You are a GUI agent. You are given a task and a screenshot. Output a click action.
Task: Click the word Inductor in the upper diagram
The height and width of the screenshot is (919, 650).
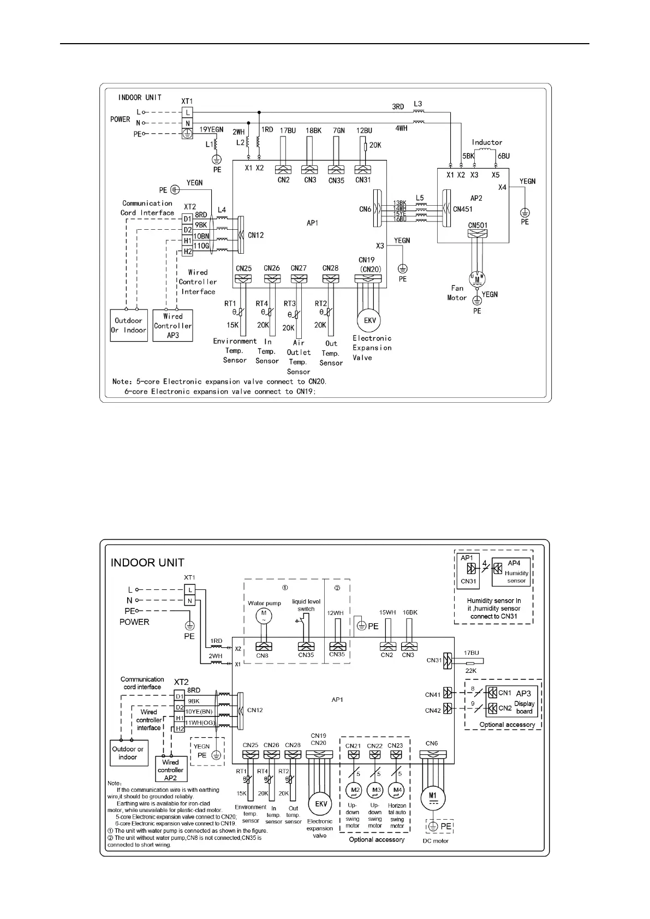pos(487,142)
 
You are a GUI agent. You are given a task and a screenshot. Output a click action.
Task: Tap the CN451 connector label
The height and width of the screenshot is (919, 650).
pos(462,209)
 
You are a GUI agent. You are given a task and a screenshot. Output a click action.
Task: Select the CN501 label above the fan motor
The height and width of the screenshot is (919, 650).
pos(478,225)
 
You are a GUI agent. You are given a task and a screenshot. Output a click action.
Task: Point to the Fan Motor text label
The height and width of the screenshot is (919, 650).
pos(457,293)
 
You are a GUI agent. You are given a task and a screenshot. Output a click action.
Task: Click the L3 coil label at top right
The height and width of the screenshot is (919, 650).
pos(418,104)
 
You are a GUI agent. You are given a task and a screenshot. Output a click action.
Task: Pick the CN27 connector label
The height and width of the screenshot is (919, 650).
pos(299,268)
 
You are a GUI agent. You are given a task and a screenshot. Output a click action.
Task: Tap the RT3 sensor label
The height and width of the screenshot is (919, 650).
pos(289,303)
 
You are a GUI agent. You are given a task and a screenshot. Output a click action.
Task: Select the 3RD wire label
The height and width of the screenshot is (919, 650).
pos(398,107)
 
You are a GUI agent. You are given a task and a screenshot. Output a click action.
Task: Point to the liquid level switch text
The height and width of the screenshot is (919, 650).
pos(306,605)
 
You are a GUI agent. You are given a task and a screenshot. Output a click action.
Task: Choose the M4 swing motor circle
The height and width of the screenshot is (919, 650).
pos(397,790)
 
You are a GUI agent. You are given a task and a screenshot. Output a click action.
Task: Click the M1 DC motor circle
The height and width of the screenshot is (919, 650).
pos(432,798)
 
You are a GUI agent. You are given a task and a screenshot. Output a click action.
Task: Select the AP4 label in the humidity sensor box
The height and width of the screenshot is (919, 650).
pos(514,563)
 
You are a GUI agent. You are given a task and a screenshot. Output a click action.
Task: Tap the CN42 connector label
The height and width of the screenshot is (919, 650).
pos(432,710)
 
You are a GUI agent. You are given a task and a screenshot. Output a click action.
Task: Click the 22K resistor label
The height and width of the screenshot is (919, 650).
pos(470,671)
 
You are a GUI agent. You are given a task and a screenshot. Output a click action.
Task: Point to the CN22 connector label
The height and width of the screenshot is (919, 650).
pos(374,745)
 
